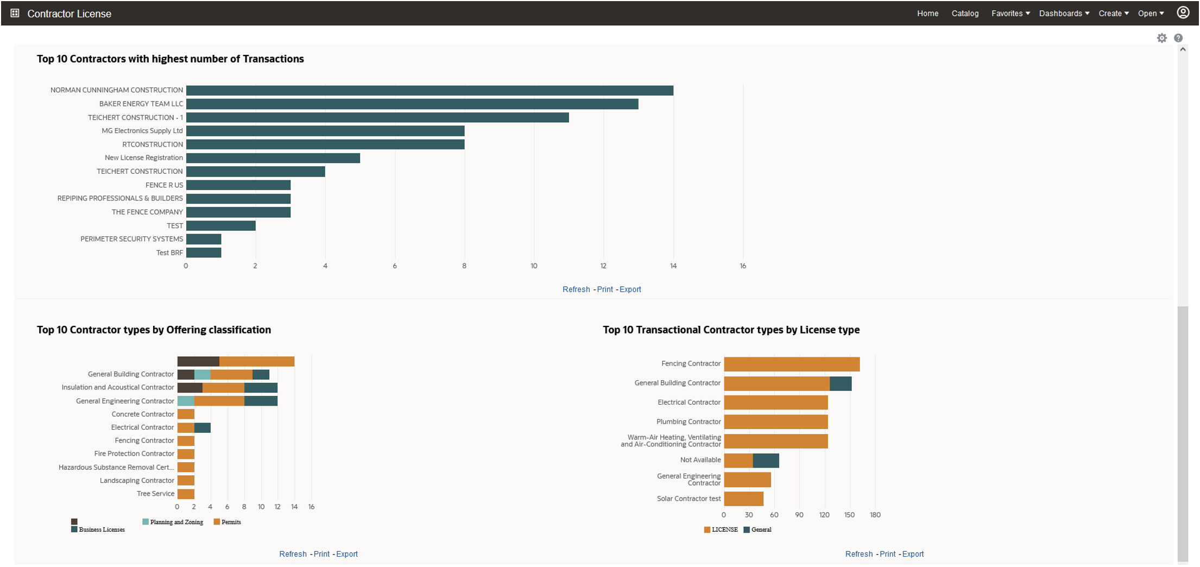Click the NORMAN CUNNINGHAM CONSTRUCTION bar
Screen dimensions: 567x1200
coord(429,90)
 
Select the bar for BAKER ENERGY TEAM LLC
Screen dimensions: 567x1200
coord(412,104)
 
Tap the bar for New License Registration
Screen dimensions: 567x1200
coord(273,158)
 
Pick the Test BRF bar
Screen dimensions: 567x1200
coord(204,253)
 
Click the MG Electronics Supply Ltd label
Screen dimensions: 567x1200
coord(142,131)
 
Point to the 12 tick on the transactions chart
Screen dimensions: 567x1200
coord(603,266)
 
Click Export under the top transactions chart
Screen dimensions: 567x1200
coord(630,289)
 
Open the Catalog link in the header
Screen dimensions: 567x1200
coord(964,14)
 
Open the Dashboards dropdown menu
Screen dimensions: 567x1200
coord(1063,14)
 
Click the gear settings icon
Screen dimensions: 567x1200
coord(1161,38)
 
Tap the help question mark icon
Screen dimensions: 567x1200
coord(1178,38)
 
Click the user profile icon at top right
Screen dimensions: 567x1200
coord(1183,12)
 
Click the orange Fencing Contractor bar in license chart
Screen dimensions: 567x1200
coord(791,364)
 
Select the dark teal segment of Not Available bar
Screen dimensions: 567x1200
coord(766,461)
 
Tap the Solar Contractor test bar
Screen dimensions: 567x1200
coord(743,499)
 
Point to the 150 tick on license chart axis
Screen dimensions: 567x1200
coord(849,515)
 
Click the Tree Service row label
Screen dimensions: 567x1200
coord(155,494)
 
